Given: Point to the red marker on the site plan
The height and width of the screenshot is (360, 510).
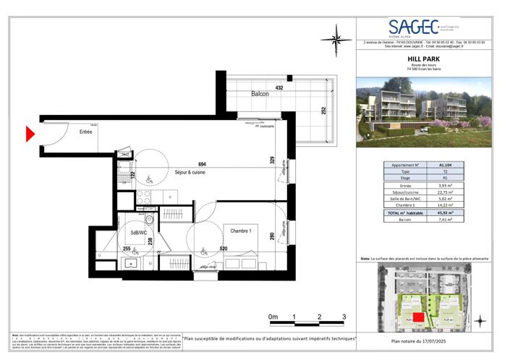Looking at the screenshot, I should coord(417,316).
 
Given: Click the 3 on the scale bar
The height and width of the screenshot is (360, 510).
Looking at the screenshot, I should coord(344,317).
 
